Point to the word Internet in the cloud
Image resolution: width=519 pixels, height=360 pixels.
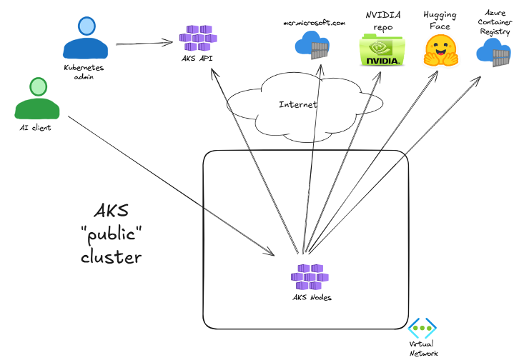tap(297, 104)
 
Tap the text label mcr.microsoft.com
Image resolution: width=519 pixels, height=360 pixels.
tap(314, 23)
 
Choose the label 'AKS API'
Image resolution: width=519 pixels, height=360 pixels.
tap(196, 58)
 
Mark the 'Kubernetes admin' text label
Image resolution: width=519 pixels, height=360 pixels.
tap(85, 71)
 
